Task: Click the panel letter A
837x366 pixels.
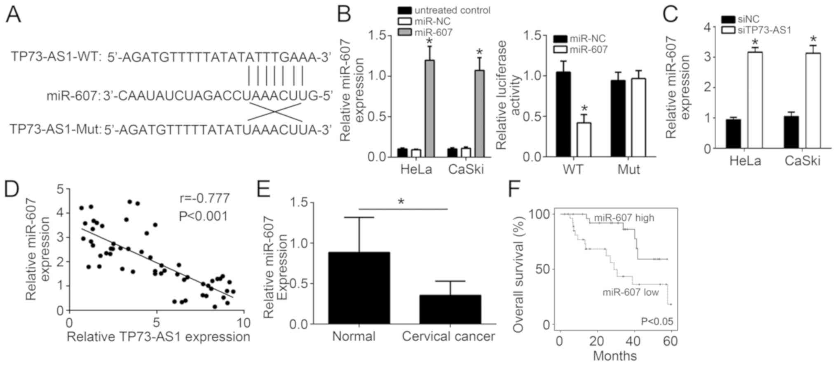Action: (x=14, y=15)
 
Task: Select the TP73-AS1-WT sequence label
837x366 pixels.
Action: (x=56, y=57)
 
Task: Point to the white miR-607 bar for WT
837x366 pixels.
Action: (x=584, y=140)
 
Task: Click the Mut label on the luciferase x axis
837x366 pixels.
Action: (x=628, y=169)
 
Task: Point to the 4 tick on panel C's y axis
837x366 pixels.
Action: (x=707, y=27)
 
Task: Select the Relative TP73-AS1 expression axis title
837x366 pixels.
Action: (x=158, y=337)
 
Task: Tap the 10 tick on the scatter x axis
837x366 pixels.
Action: (x=244, y=322)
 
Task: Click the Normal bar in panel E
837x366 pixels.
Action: (x=359, y=288)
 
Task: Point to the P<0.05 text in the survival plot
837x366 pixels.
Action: (x=656, y=321)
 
